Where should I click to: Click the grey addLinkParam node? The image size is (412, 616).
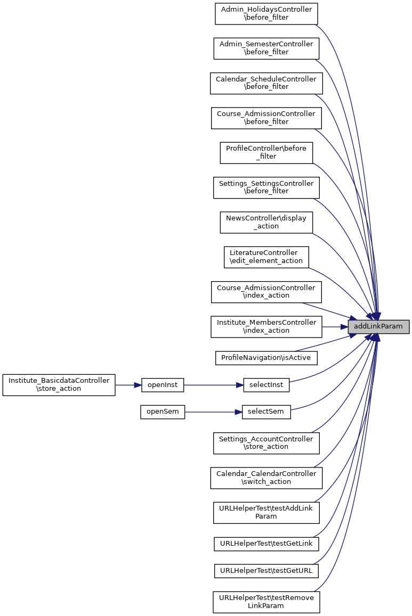(x=378, y=327)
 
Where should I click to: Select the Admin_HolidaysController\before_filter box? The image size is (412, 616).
(x=266, y=13)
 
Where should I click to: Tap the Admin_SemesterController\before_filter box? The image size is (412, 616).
(x=266, y=48)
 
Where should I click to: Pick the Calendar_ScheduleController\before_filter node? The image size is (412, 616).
(x=266, y=83)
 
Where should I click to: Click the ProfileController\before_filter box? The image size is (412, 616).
(x=266, y=153)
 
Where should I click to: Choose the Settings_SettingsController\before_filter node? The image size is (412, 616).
(x=266, y=187)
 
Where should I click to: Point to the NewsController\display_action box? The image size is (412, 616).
(x=266, y=222)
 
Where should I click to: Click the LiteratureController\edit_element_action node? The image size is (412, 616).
(x=266, y=257)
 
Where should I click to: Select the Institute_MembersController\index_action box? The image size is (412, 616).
(x=266, y=327)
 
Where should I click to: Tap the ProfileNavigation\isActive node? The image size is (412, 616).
(x=266, y=358)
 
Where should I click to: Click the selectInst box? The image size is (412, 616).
(x=266, y=385)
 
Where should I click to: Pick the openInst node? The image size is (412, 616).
(x=163, y=385)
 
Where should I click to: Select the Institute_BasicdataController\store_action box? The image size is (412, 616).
(x=59, y=385)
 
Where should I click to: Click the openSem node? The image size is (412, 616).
(x=163, y=412)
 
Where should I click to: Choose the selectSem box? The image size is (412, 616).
(x=266, y=412)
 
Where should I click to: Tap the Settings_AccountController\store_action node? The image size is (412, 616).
(x=266, y=443)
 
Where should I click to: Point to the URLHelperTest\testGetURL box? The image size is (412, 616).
(x=266, y=571)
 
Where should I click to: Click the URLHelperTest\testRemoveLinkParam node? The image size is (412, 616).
(x=266, y=602)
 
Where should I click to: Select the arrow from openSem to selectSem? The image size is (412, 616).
(x=213, y=412)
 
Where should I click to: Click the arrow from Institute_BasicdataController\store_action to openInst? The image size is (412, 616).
(x=128, y=385)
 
